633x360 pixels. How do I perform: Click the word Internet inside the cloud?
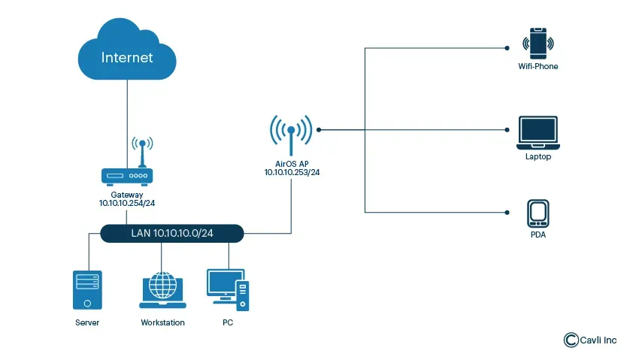pos(127,58)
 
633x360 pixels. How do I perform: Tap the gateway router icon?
pos(127,176)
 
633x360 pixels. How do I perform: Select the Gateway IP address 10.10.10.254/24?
pos(127,203)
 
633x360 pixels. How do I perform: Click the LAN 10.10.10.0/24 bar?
pos(172,234)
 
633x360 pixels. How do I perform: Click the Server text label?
pos(87,322)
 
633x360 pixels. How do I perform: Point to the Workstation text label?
pos(162,322)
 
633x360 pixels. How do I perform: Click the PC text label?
pos(228,322)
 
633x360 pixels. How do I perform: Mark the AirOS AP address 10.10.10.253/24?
pos(291,172)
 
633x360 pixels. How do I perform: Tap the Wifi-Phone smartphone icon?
pos(538,43)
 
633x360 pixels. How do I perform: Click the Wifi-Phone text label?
pos(538,66)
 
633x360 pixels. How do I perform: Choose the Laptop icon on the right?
pos(538,133)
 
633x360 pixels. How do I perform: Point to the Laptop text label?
pos(538,157)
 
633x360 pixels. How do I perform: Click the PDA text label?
pos(538,235)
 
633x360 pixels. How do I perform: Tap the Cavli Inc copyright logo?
pos(571,340)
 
